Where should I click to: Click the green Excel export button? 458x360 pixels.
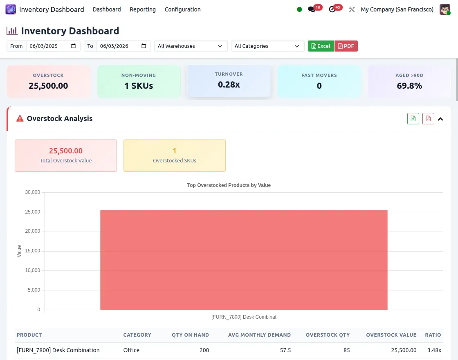pos(321,46)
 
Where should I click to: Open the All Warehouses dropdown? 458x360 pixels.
pos(191,46)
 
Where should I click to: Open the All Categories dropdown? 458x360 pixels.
pos(267,46)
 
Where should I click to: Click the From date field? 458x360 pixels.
pos(49,46)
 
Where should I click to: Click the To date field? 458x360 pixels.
pos(119,46)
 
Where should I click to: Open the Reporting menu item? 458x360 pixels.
pos(142,9)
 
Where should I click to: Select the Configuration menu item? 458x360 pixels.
pos(182,9)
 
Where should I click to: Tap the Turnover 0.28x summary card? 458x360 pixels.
pos(229,81)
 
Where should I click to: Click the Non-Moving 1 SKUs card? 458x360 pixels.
pos(139,81)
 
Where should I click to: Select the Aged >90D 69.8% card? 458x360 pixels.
pos(409,81)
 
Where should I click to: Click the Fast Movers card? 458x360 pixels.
pos(319,81)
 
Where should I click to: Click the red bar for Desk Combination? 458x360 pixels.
pos(244,260)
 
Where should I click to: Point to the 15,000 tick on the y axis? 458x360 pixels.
pos(33,251)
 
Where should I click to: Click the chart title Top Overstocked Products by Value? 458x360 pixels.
pos(229,185)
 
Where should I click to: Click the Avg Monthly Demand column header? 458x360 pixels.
pos(260,335)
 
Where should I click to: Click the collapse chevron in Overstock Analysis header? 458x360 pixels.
pos(440,119)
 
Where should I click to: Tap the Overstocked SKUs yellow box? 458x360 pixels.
pos(175,155)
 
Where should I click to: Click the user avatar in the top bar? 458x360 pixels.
pos(445,9)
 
